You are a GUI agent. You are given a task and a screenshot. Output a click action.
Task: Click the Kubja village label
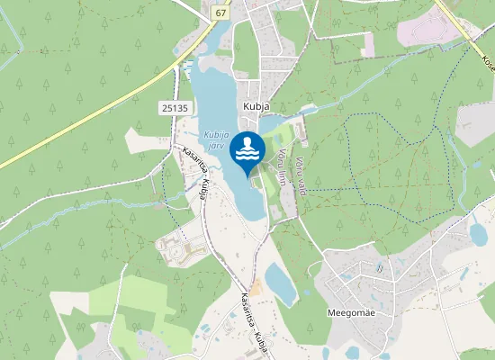252,104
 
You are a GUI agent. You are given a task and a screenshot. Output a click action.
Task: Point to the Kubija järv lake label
212,139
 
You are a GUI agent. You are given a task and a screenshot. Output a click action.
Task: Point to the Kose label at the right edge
487,64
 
